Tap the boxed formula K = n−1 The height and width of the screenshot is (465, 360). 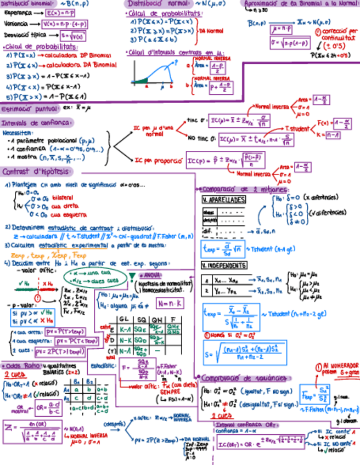pyautogui.click(x=332, y=134)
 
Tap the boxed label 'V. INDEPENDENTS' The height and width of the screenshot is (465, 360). pyautogui.click(x=224, y=266)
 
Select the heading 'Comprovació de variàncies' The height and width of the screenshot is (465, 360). pyautogui.click(x=245, y=378)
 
